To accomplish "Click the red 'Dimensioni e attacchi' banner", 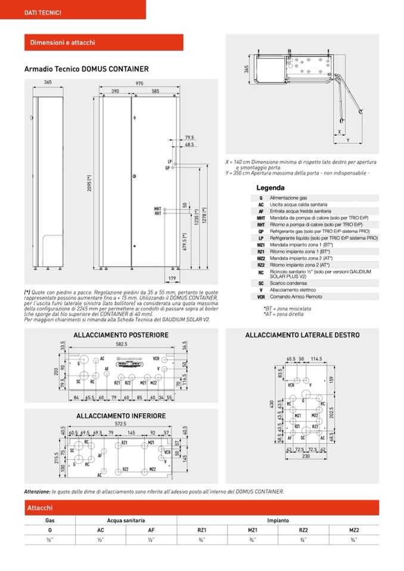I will [x=63, y=43].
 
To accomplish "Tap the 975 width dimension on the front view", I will [x=139, y=83].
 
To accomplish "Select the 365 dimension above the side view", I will [x=48, y=83].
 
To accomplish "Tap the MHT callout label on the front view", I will [x=157, y=208].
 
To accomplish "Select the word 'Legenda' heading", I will [x=271, y=188].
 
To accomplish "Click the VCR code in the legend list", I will [x=261, y=296].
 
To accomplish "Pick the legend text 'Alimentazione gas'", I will [x=288, y=198].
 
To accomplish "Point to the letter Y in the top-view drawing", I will [x=348, y=141].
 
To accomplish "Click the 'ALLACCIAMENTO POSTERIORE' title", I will [x=121, y=335].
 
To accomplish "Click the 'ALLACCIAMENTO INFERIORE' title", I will [x=121, y=416].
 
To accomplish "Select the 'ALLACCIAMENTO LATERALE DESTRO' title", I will [x=302, y=335].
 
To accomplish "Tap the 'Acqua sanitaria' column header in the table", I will [x=126, y=520].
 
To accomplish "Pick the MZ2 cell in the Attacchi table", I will [x=354, y=529].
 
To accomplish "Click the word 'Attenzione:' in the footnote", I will [x=37, y=491].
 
